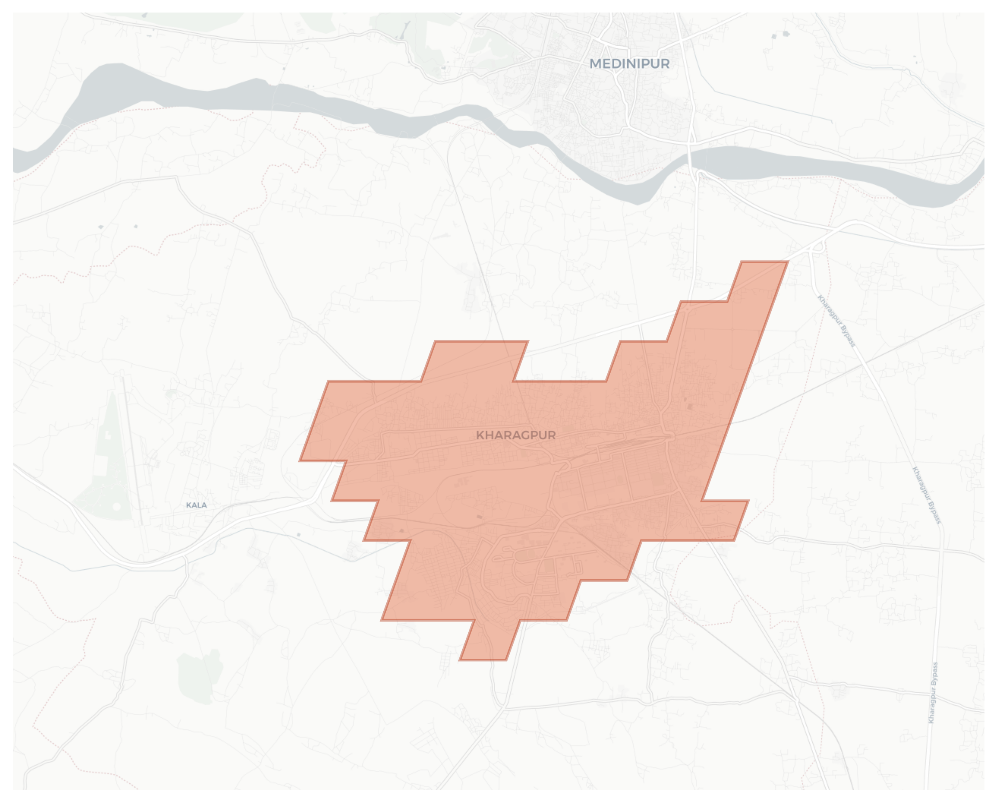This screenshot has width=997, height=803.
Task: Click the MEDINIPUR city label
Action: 629,64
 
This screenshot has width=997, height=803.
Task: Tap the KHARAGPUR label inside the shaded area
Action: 516,435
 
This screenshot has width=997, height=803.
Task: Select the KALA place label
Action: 196,505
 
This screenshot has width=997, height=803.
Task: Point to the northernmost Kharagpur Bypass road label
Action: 836,321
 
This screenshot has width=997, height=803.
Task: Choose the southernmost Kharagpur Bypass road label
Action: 933,692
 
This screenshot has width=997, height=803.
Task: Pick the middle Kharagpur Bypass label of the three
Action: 926,495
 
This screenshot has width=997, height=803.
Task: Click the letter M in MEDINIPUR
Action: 596,64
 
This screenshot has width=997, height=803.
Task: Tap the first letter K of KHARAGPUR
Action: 480,435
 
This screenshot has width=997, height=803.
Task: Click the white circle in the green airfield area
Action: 117,506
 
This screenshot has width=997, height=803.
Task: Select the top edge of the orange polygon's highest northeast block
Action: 764,262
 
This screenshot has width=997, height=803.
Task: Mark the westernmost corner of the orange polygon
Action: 300,460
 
